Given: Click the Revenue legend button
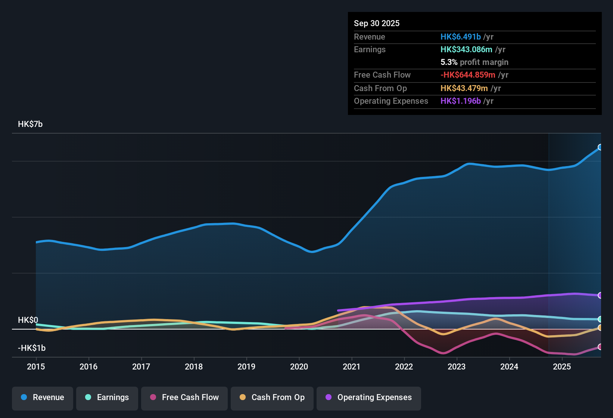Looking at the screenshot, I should tap(43, 397).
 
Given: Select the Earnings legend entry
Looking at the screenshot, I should tap(107, 397).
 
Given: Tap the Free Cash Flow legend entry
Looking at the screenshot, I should tap(184, 397).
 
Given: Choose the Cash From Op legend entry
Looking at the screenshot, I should tap(272, 397).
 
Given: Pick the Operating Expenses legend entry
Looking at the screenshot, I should tap(369, 397).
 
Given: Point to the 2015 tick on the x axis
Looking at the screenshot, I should tap(36, 366).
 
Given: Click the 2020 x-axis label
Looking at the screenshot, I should tap(299, 366).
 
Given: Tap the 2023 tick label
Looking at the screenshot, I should tap(457, 366).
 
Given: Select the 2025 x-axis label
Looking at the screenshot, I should tap(562, 366).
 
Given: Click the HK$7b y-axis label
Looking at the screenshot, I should tap(30, 124).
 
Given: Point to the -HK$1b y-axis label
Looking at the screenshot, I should tap(32, 348).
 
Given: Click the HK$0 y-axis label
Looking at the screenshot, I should tap(28, 320).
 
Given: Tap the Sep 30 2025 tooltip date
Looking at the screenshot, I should tap(377, 24).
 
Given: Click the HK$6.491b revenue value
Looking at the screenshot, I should tap(461, 37).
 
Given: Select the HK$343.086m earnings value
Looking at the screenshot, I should tap(466, 50).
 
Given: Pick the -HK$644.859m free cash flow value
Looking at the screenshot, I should tap(468, 75).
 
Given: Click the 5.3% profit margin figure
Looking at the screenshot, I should tap(449, 62).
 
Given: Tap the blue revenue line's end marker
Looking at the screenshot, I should tap(600, 147).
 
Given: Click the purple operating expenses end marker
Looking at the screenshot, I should tap(600, 295).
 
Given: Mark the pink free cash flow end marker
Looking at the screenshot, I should tap(600, 347).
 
